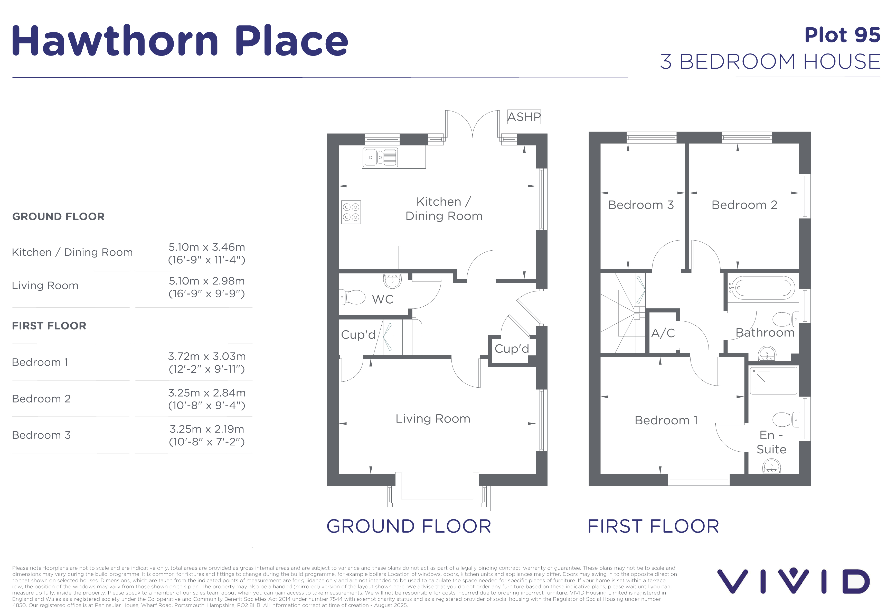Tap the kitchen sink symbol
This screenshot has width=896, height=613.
click(x=380, y=157)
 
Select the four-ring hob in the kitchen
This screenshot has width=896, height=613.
click(x=351, y=212)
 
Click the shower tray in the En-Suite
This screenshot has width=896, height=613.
click(x=774, y=381)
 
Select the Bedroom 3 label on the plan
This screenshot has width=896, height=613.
click(x=641, y=205)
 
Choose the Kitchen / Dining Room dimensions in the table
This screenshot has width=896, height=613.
click(x=207, y=253)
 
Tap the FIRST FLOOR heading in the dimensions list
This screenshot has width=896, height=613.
click(x=49, y=326)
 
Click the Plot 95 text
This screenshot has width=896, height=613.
click(x=842, y=35)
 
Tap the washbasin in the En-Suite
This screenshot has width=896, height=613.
click(x=771, y=466)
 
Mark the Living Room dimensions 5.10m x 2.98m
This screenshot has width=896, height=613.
click(x=207, y=287)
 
